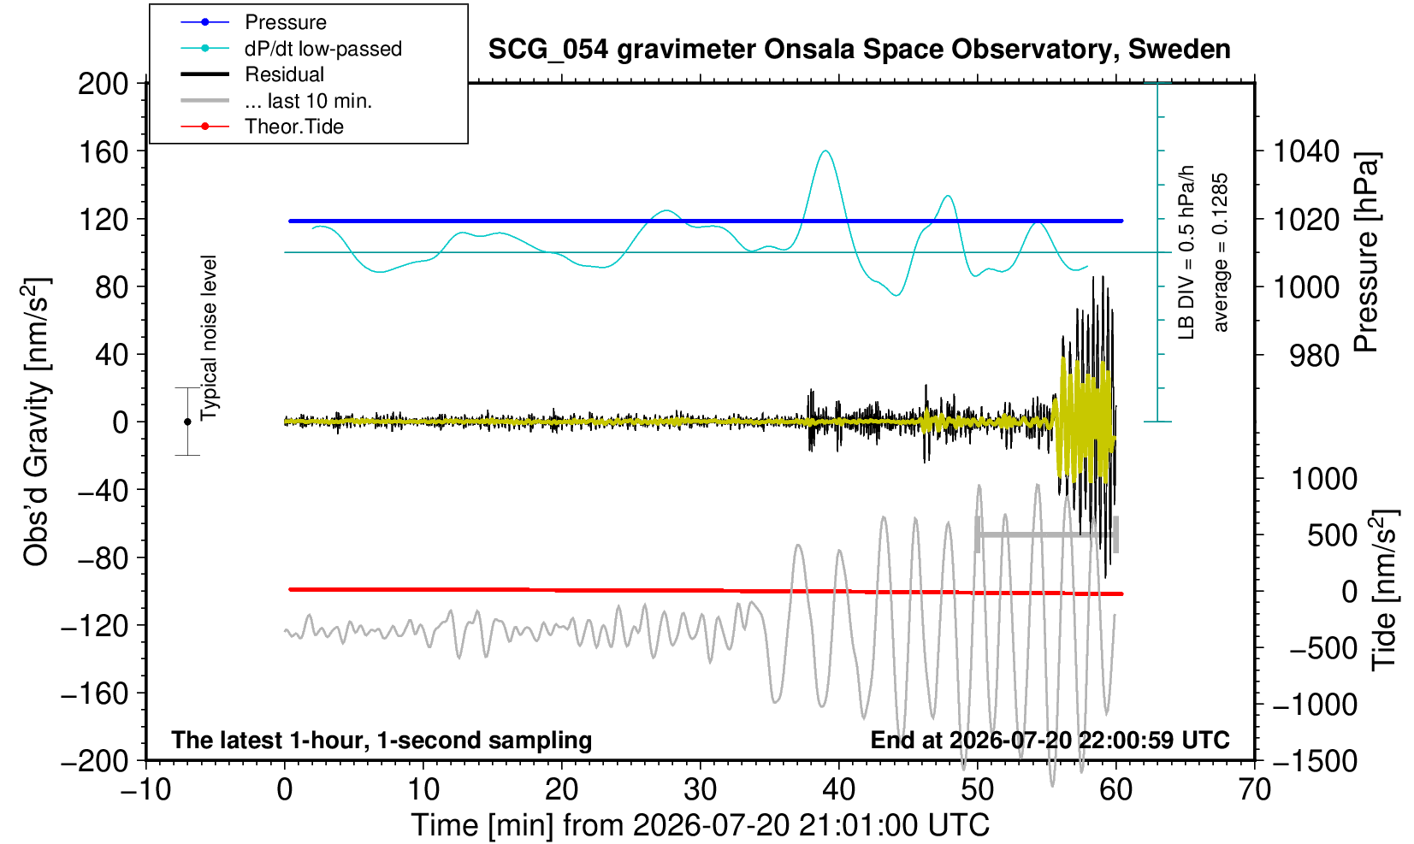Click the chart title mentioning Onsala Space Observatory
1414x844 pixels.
860,49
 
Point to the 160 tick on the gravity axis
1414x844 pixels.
103,152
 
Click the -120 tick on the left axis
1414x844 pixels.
95,626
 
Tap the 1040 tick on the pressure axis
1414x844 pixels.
1306,151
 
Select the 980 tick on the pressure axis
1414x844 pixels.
1314,356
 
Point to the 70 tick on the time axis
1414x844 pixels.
1254,790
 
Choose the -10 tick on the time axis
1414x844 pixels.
145,790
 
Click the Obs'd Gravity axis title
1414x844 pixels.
37,422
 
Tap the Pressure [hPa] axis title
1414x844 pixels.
1367,252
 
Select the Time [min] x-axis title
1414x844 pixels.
700,825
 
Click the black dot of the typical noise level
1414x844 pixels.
187,422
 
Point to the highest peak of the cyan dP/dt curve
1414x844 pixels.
825,151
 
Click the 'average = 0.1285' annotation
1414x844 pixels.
1221,252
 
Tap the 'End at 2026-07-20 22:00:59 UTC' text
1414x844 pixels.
1050,740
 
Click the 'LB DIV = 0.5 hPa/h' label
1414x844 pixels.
1186,252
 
